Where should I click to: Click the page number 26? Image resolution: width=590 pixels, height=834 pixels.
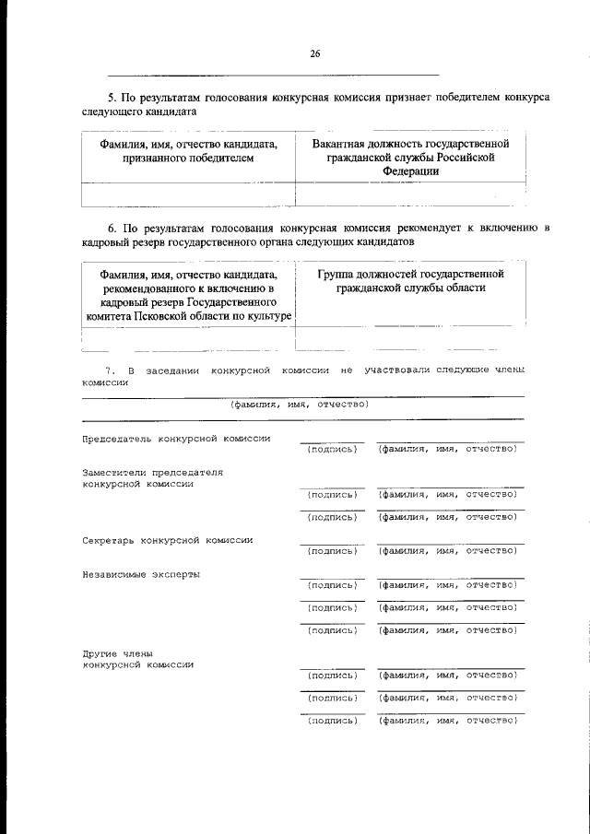315,54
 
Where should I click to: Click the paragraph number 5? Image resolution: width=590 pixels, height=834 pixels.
111,96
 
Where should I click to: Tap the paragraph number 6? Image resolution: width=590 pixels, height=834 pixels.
111,227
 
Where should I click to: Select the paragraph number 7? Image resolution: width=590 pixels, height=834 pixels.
108,370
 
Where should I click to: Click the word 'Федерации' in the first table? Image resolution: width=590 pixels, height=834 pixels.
411,172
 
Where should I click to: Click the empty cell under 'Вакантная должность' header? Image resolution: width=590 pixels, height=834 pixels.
411,194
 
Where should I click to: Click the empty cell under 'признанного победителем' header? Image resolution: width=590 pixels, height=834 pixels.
188,194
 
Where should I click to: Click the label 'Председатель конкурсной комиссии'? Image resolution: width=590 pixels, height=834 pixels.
176,439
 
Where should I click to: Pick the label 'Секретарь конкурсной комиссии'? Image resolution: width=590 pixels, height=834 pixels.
168,540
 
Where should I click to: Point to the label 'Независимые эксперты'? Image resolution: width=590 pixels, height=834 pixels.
141,574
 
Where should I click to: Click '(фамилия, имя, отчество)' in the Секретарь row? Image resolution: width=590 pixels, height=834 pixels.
448,551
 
